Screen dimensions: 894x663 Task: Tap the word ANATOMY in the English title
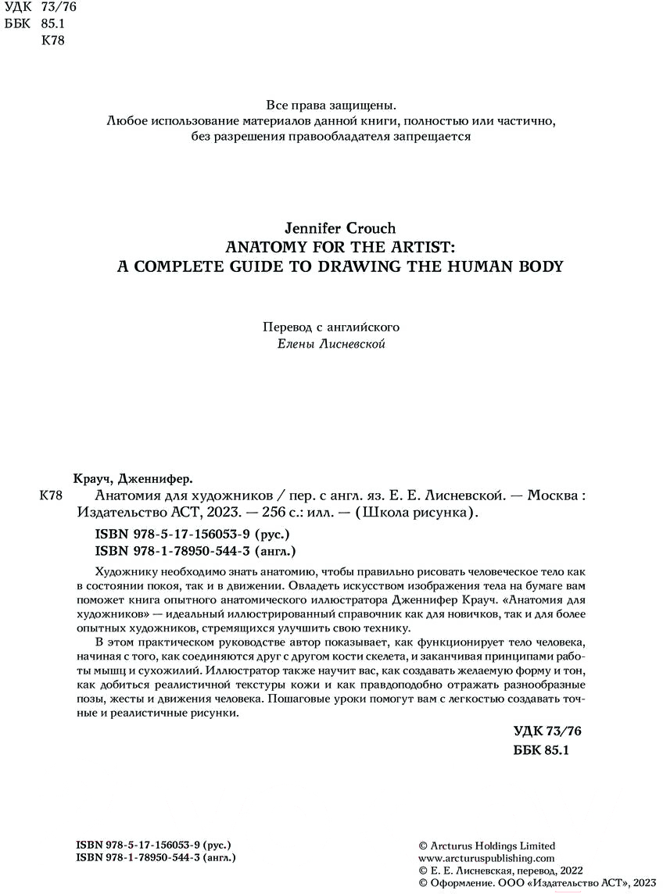pos(266,247)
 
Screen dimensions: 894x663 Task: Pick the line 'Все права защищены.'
pos(331,105)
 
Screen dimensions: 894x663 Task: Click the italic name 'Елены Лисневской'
pos(331,345)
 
